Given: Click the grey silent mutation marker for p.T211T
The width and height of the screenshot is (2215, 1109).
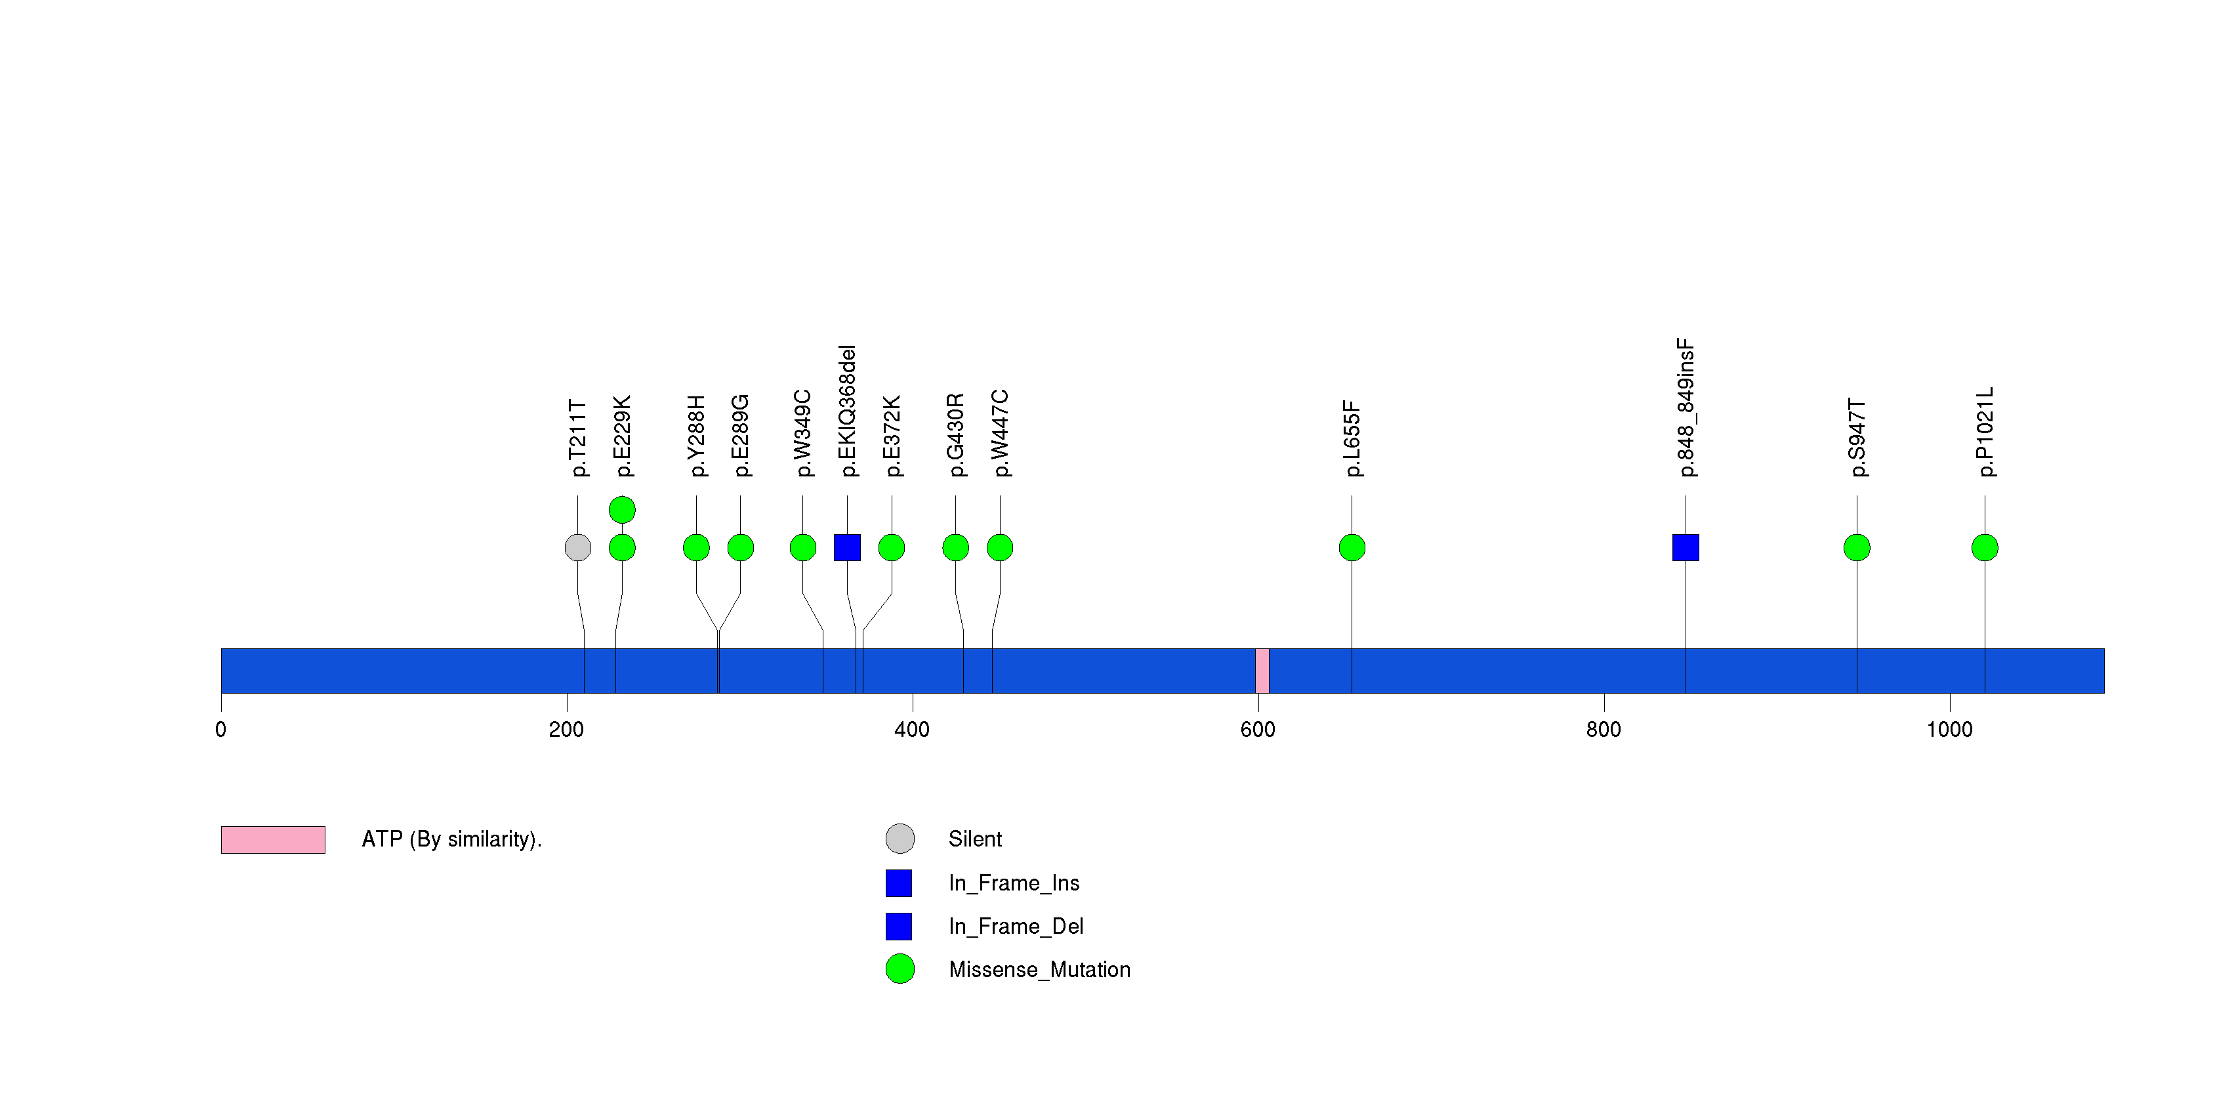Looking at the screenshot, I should [x=578, y=548].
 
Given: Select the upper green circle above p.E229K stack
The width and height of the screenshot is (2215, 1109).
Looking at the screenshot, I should [x=622, y=510].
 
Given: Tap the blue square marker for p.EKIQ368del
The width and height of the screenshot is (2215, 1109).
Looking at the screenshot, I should [x=847, y=548].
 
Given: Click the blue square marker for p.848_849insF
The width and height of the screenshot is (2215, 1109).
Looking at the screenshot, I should [x=1686, y=548].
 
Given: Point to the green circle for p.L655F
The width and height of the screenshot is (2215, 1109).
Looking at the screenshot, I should [x=1352, y=548].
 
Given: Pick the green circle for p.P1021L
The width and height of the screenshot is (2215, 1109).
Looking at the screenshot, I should [x=1985, y=548].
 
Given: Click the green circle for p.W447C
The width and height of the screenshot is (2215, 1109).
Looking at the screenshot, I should [x=1000, y=548].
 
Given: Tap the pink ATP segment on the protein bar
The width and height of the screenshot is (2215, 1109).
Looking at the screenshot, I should [x=1262, y=671].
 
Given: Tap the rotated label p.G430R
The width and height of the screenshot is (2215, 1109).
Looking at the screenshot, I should [x=955, y=435].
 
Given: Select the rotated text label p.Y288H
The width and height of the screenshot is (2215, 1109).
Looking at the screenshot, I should [x=697, y=436].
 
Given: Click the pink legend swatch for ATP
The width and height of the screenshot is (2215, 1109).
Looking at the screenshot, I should [x=272, y=840].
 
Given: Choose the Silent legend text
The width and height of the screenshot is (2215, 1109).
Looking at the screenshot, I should [x=975, y=839].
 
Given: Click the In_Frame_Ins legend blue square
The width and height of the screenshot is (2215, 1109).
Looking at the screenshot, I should [x=899, y=883].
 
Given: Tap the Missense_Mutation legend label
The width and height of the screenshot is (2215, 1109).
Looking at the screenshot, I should [x=1039, y=970].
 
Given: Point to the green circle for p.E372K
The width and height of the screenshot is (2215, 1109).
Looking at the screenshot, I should [x=892, y=548].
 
